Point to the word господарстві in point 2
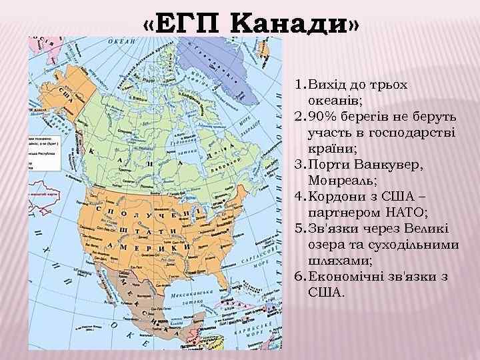tap(412, 132)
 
